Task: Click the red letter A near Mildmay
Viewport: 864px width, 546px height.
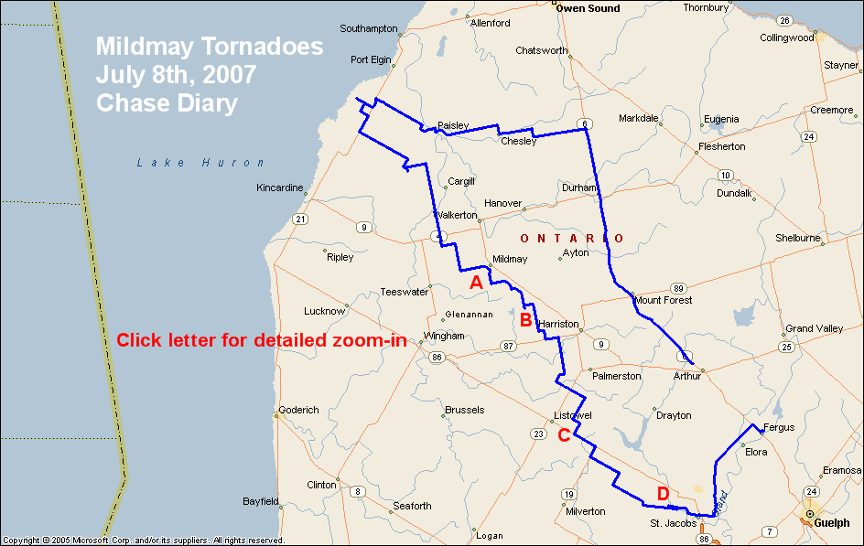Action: (x=476, y=284)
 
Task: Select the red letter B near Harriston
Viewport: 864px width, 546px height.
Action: (x=525, y=320)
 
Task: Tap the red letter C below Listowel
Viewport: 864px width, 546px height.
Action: (x=564, y=435)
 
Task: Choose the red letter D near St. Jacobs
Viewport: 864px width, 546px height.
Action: (x=663, y=494)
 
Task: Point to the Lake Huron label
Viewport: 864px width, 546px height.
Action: (x=200, y=163)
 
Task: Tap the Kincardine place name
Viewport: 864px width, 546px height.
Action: (x=280, y=187)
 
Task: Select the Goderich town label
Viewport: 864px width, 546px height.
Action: (x=298, y=410)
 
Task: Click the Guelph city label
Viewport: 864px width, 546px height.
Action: (x=832, y=523)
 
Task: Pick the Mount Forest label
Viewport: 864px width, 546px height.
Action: (x=663, y=300)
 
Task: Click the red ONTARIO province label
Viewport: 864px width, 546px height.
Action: (x=572, y=239)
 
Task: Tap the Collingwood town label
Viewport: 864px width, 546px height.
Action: (x=786, y=37)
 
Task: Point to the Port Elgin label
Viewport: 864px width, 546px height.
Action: (x=371, y=60)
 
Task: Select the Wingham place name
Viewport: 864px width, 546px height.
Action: (x=444, y=336)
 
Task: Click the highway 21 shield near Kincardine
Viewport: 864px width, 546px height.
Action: (x=299, y=219)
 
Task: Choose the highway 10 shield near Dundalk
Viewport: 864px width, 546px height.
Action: (x=725, y=176)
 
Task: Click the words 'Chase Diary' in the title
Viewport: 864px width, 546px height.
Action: (x=167, y=102)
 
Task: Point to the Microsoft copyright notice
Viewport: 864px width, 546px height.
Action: (x=143, y=541)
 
